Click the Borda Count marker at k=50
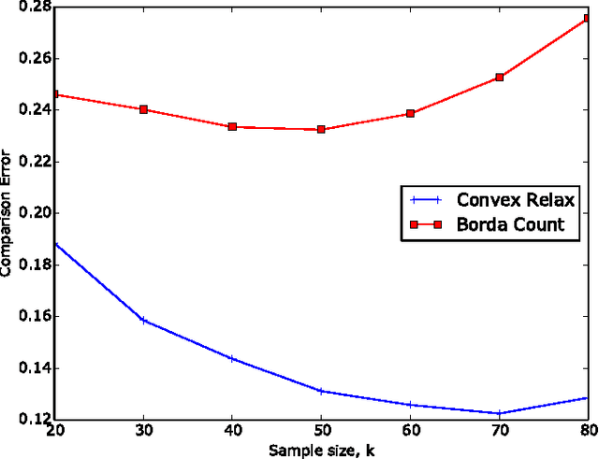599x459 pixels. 321,129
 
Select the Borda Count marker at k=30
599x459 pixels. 143,109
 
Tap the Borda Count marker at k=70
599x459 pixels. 499,78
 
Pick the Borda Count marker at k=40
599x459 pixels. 232,126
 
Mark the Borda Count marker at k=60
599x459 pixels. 410,113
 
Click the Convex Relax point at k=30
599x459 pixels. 143,321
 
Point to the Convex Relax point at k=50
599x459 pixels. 321,391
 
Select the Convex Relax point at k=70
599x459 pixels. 499,413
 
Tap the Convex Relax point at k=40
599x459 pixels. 232,358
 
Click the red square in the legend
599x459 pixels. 422,224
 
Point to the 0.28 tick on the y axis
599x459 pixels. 36,7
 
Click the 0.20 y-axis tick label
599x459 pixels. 36,213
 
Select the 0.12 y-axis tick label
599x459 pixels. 36,420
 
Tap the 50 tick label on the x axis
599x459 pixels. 321,433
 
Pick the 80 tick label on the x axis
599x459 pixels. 586,433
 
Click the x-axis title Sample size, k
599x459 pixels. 320,451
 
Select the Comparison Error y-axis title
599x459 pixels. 7,213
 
